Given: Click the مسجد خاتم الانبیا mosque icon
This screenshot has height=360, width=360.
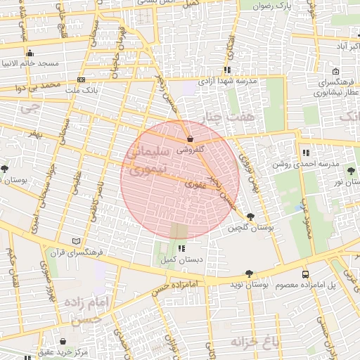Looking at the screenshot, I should [30, 53].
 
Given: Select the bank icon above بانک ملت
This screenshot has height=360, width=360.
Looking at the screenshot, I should [82, 79].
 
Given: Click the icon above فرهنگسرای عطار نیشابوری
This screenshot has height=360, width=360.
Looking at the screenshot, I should [335, 71].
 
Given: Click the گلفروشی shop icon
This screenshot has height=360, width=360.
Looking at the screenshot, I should [191, 139].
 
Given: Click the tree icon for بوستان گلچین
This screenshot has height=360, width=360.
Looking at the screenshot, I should [250, 217].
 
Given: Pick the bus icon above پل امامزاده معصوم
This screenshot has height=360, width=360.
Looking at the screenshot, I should [305, 274].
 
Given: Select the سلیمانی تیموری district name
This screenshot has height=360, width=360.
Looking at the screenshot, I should [151, 160].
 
